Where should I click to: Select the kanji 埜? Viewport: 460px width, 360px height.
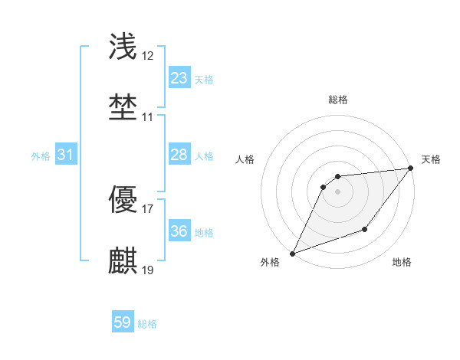click(123, 106)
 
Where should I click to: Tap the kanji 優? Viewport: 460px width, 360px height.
click(123, 200)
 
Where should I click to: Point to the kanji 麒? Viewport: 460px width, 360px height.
click(123, 260)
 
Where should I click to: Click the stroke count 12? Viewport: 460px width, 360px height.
click(148, 56)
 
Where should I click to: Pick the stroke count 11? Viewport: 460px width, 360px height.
click(148, 117)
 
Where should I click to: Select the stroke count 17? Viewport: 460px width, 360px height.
click(148, 209)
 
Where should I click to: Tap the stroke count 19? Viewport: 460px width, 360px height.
click(148, 270)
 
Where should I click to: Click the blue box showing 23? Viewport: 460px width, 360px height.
click(179, 77)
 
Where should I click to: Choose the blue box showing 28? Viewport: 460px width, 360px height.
click(179, 155)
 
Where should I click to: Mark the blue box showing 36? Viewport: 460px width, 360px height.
click(179, 231)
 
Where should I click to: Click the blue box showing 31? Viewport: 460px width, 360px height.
click(65, 155)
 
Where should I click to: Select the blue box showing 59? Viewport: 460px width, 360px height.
click(123, 322)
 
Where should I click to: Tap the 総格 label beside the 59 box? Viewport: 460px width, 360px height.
click(147, 324)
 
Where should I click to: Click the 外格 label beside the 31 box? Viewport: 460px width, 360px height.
click(41, 156)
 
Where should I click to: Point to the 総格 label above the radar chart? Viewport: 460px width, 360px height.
click(337, 100)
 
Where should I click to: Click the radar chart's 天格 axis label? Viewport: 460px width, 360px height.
click(431, 159)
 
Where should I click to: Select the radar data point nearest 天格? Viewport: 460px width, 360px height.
click(411, 169)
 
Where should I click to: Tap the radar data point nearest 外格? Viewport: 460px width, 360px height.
click(292, 253)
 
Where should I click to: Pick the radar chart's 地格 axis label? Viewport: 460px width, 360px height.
click(402, 263)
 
